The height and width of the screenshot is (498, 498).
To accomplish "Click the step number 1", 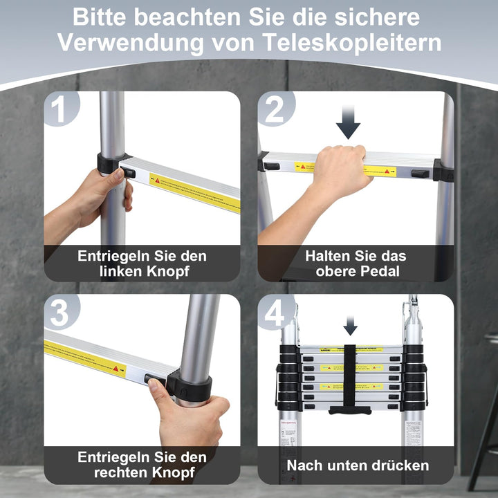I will tap(61, 110).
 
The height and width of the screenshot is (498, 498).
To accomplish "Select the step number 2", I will tap(275, 110).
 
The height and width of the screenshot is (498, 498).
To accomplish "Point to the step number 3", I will tap(61, 313).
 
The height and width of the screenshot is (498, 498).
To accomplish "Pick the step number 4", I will tap(275, 313).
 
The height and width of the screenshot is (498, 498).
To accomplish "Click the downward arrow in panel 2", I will tap(348, 124).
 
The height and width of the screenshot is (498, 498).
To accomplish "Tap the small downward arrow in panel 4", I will tap(351, 324).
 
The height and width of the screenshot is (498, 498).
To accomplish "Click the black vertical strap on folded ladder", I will tap(350, 377).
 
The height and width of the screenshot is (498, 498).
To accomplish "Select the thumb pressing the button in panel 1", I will tap(118, 175).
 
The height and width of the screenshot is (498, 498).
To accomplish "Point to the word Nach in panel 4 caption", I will tap(304, 465).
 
